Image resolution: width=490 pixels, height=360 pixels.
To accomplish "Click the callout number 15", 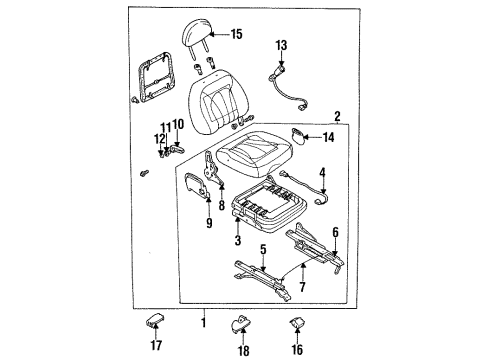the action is [237, 34].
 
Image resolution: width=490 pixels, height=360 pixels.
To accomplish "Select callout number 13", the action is [281, 45].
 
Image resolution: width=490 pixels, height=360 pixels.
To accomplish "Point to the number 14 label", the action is [328, 137].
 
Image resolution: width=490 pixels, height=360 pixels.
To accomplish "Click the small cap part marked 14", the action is [298, 136].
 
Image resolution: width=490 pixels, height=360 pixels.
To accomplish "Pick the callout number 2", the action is [337, 117].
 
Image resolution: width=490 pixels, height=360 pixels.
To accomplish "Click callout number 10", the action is [179, 124].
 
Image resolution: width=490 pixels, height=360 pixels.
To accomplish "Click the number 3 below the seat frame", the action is [238, 240].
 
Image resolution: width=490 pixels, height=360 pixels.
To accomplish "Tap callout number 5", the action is [263, 249].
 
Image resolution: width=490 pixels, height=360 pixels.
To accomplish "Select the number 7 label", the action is [302, 287].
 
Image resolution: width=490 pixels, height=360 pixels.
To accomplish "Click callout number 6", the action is [335, 232].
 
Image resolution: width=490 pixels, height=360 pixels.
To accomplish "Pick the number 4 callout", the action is [322, 173].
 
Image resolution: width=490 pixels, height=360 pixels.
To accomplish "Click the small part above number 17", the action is [155, 320].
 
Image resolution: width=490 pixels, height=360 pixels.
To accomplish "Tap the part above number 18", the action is [241, 323].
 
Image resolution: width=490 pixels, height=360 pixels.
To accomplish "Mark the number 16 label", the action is [297, 350].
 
